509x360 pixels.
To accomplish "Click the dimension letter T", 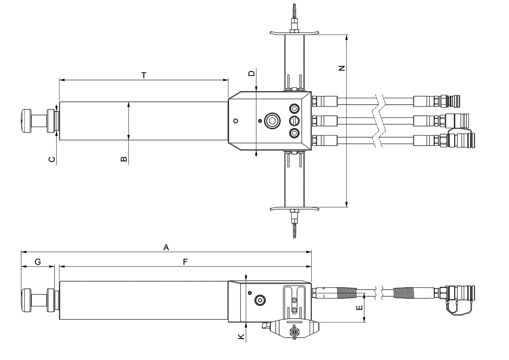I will click(144, 75).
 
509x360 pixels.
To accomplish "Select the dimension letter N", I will click(342, 68).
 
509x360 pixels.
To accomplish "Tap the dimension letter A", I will click(166, 247).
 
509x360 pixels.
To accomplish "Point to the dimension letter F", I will click(185, 262).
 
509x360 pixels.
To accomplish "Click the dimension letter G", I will click(38, 262).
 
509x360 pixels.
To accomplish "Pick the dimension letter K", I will click(241, 337).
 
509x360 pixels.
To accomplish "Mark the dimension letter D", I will click(251, 73).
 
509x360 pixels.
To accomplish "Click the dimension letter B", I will click(124, 159).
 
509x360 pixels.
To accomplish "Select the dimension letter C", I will click(52, 159).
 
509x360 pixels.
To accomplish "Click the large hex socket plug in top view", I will click(272, 121).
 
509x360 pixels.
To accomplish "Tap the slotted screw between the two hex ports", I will click(294, 121).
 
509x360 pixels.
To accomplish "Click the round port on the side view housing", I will click(260, 300).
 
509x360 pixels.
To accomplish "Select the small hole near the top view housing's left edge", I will click(236, 121).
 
